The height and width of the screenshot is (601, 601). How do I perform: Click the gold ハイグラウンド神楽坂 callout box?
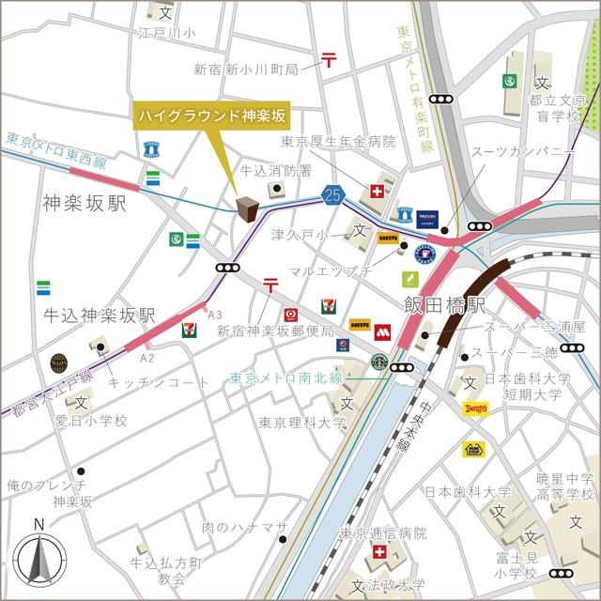212,117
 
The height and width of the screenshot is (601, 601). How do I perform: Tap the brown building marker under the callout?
248,208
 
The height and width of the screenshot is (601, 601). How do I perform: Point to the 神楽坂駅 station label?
84,203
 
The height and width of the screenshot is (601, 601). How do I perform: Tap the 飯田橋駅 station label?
444,306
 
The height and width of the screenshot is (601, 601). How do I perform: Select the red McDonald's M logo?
382,331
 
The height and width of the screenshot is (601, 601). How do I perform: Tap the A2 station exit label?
146,357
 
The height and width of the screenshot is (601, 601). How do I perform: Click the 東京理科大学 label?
302,423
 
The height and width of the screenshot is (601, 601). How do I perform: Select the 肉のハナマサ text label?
242,528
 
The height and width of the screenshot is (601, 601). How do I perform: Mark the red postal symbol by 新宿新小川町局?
329,60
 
